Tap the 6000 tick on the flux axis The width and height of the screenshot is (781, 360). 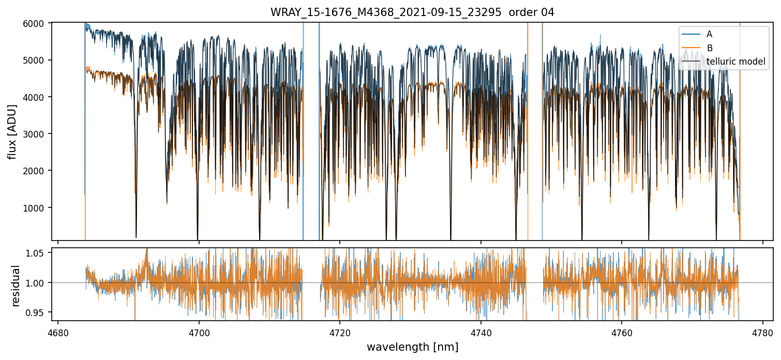coord(38,23)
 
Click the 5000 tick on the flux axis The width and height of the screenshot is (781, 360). coord(38,60)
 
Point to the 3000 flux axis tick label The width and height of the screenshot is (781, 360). coord(38,134)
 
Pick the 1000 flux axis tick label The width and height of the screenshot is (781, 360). coord(38,207)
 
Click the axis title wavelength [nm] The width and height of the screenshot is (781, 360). coord(412,347)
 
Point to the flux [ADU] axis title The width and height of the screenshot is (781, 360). coord(12,131)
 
